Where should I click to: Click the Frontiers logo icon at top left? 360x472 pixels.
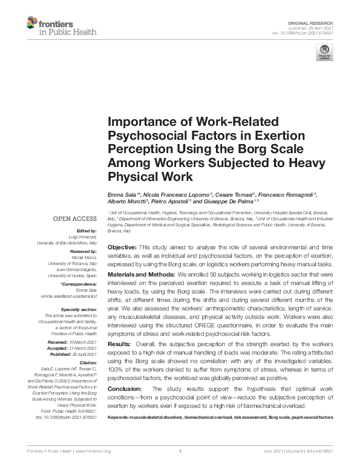coord(31,24)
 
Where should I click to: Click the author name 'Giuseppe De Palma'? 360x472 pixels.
coord(232,201)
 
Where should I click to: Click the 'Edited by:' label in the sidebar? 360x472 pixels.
coord(88,231)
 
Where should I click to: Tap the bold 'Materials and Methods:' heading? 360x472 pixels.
coord(141,275)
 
